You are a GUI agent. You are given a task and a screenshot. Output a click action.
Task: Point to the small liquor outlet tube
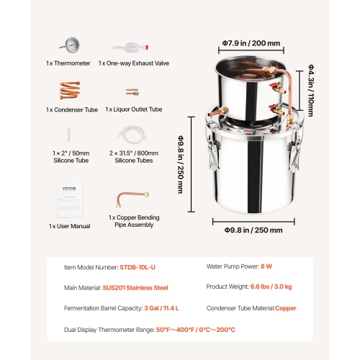click(x=131, y=92)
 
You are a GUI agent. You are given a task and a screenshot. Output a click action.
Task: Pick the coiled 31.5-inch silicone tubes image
click(x=131, y=135)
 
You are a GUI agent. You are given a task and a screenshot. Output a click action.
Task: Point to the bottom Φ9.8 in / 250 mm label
click(x=247, y=230)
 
